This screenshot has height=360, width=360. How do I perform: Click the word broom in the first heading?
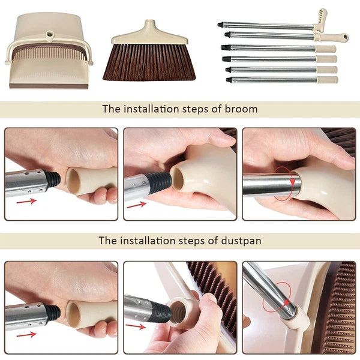click(x=242, y=109)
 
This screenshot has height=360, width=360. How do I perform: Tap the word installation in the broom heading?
click(x=150, y=109)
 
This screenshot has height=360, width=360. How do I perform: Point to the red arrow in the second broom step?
click(x=136, y=204)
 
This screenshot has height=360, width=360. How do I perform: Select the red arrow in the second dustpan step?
click(x=136, y=327)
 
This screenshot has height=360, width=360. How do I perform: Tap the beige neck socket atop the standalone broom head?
click(x=148, y=27)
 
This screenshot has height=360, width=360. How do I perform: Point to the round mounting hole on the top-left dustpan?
click(x=47, y=28)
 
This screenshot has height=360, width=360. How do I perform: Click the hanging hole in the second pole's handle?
click(x=343, y=37)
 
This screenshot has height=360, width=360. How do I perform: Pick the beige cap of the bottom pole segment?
click(x=327, y=80)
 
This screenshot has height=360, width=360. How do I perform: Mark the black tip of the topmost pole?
click(x=221, y=25)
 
